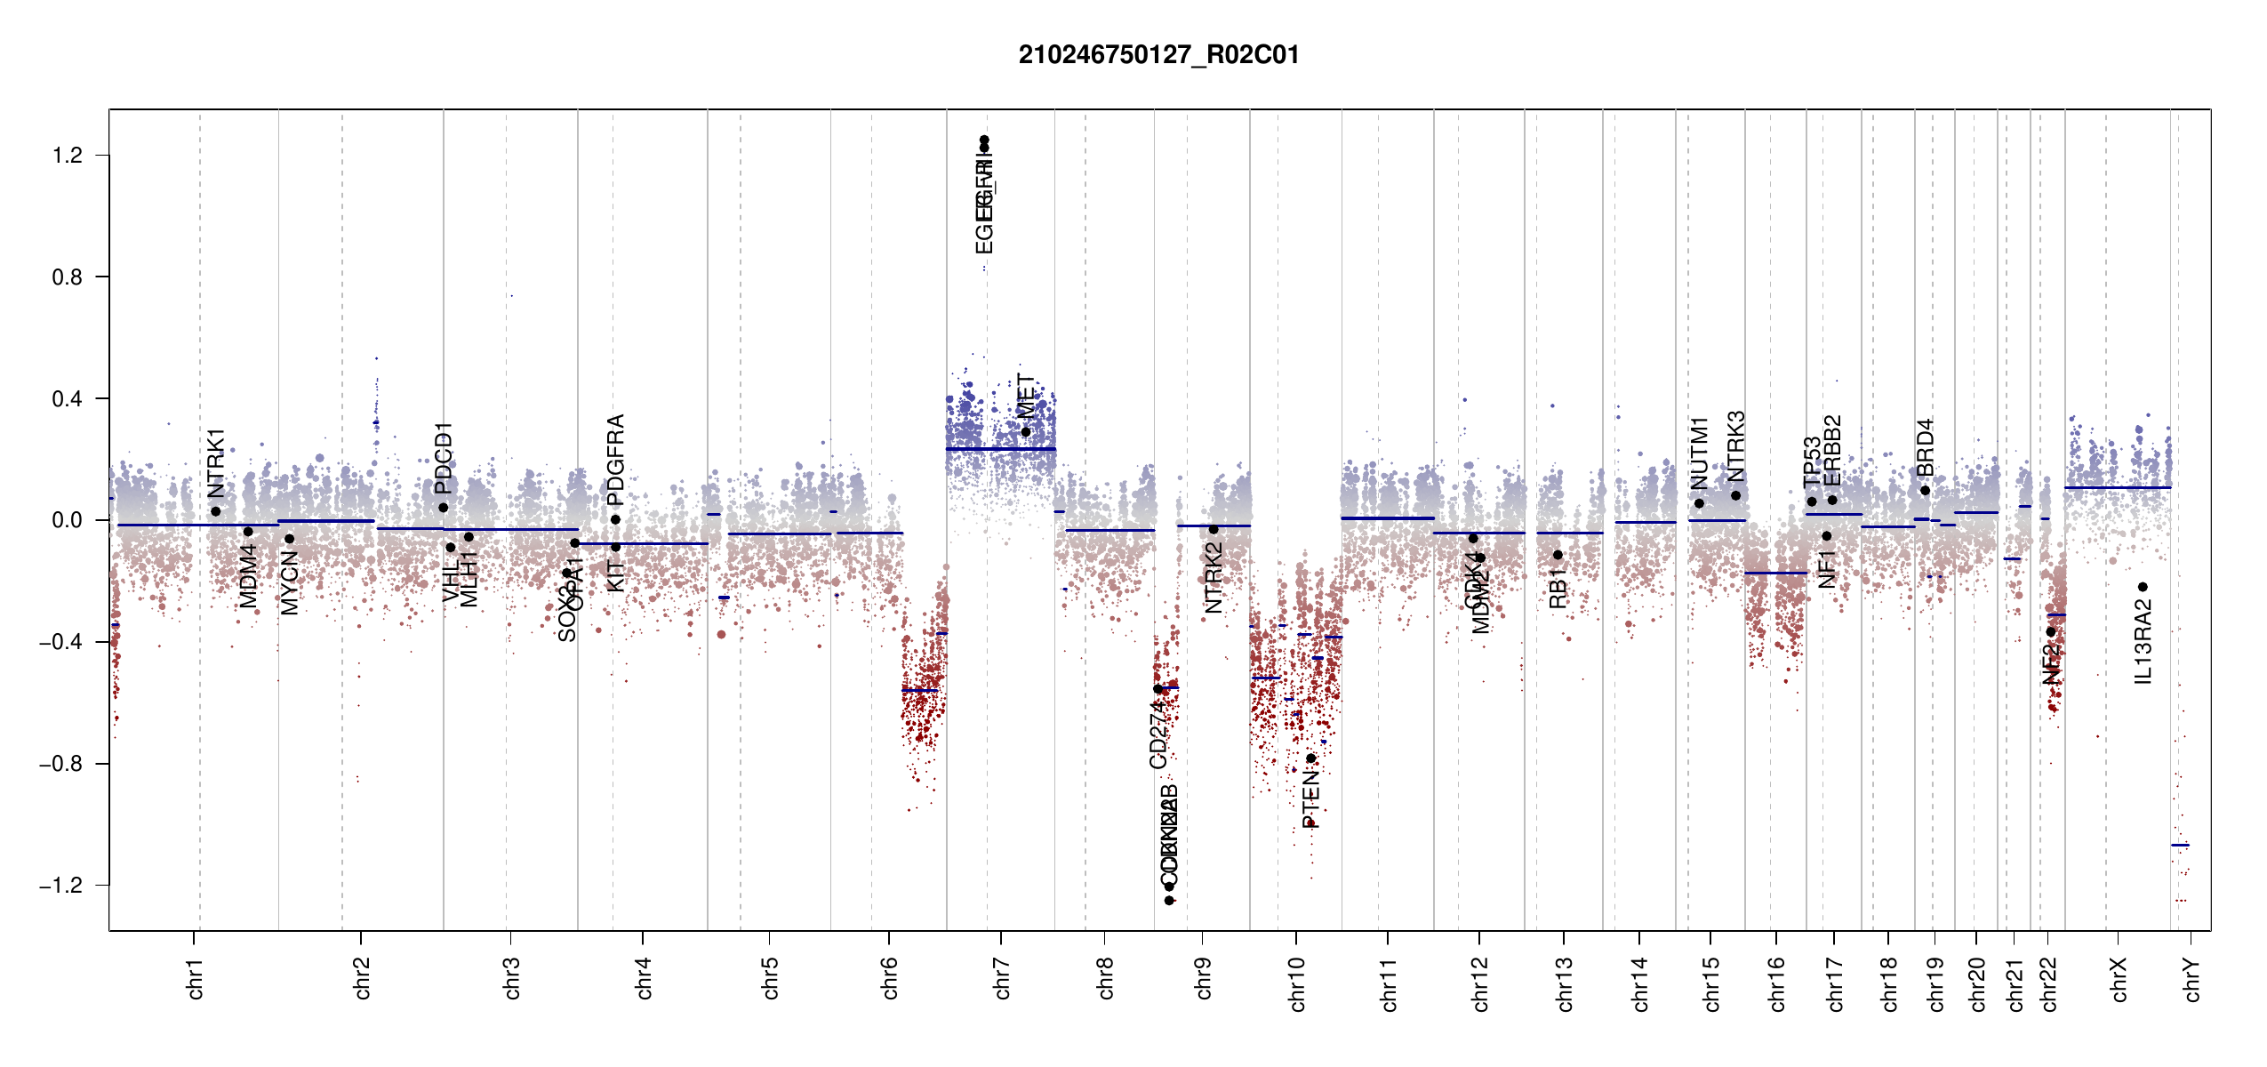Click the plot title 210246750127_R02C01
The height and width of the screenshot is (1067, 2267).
point(1158,55)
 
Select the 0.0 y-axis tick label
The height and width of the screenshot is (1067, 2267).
point(68,520)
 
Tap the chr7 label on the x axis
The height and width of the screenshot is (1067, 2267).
point(1002,978)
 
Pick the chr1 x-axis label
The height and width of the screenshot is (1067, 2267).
point(195,978)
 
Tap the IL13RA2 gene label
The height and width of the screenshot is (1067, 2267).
point(2143,641)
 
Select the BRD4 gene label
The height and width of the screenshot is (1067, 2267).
point(1925,447)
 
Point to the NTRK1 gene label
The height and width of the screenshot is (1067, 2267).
point(216,462)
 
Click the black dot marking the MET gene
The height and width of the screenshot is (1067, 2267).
point(1025,432)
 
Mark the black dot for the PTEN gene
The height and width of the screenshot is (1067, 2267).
point(1310,758)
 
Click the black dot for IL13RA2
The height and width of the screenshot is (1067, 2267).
point(2143,587)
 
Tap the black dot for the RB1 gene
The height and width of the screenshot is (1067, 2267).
point(1558,555)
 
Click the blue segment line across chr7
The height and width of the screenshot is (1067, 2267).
point(1000,449)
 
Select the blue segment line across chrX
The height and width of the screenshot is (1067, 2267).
point(2117,487)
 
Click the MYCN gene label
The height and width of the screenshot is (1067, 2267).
point(290,582)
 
